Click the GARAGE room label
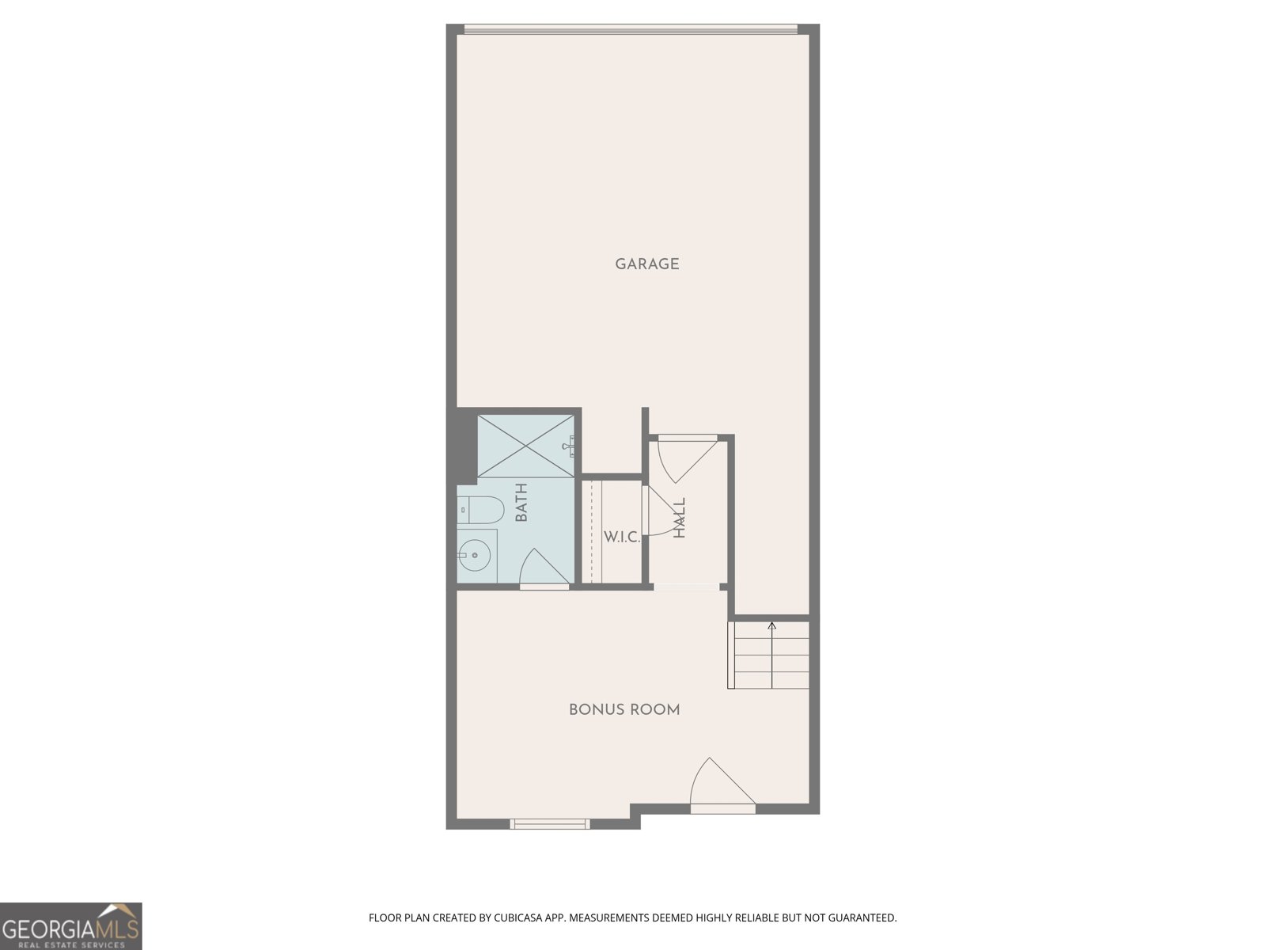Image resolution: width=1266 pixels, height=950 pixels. [647, 264]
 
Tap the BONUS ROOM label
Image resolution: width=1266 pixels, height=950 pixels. [624, 710]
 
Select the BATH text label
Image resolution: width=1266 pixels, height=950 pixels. [521, 503]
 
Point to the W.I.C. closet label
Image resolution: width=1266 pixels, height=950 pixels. [622, 538]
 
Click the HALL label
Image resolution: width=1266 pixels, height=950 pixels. [680, 518]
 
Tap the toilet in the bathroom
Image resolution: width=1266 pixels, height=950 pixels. [480, 510]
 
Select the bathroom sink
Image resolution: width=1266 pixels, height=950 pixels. [476, 555]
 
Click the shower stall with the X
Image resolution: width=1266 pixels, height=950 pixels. [525, 446]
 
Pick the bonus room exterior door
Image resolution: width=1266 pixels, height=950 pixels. [722, 787]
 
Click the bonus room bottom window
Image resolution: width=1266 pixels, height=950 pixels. [550, 824]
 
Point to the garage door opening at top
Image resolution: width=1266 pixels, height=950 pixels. [631, 30]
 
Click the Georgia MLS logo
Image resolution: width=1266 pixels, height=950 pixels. [70, 926]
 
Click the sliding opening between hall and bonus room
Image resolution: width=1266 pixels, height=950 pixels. [686, 587]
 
